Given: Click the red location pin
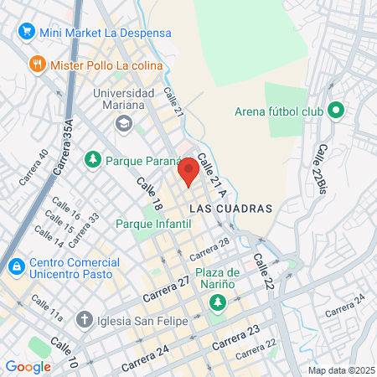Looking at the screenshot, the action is point(188,171).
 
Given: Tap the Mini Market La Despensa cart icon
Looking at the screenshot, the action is point(26,33).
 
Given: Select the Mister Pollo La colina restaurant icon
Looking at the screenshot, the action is point(37,65).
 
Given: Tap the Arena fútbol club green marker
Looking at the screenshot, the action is point(336,110).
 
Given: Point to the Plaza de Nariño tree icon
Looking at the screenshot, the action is point(218,302).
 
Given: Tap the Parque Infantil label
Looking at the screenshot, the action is point(153,224).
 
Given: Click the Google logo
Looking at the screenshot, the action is point(28,366).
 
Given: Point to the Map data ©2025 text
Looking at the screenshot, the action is point(340,370).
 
